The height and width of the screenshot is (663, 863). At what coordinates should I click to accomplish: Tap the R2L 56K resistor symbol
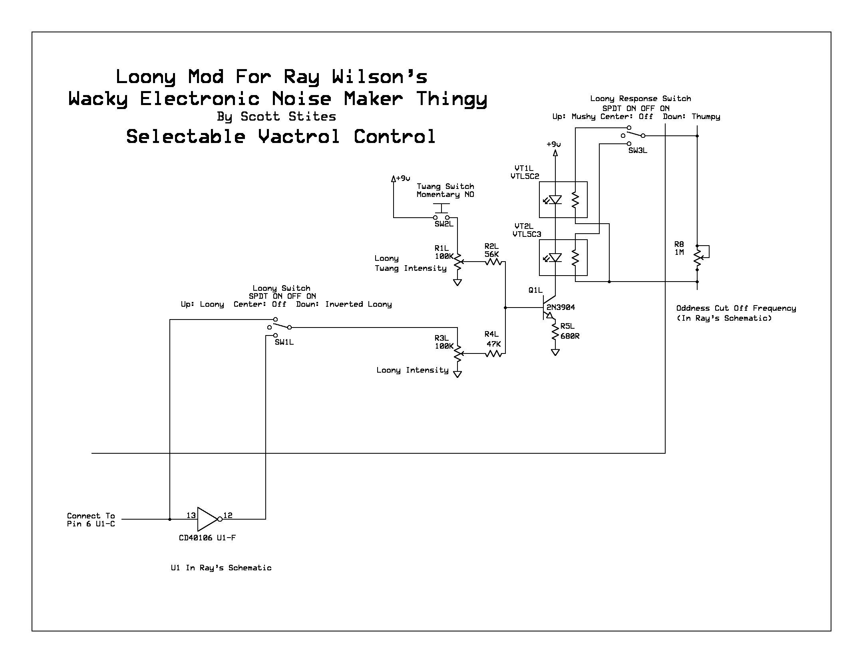(493, 262)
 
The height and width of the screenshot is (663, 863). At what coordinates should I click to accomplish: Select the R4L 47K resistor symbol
(493, 353)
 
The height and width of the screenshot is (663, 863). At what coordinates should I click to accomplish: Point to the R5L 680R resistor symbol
(555, 331)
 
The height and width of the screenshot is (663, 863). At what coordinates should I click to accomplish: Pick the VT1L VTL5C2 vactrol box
(563, 200)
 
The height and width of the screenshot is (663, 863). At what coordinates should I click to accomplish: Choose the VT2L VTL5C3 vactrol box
(563, 258)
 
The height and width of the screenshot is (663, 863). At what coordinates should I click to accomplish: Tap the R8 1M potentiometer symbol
(699, 258)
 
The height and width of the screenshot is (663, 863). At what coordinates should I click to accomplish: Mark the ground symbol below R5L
(555, 352)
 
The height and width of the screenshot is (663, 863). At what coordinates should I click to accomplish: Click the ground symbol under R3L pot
(457, 374)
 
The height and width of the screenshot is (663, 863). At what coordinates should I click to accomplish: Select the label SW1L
(284, 342)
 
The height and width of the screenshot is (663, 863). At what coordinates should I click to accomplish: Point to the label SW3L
(638, 151)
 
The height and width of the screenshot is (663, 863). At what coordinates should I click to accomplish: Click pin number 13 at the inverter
(191, 515)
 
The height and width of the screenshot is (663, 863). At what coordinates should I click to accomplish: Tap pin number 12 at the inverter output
(228, 515)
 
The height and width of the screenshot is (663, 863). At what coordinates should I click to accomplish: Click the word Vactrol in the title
(299, 137)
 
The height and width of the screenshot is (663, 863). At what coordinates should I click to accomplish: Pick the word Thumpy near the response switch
(706, 117)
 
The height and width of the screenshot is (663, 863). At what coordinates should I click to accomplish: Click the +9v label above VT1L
(554, 144)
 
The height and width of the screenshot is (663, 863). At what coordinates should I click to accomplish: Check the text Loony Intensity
(412, 370)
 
